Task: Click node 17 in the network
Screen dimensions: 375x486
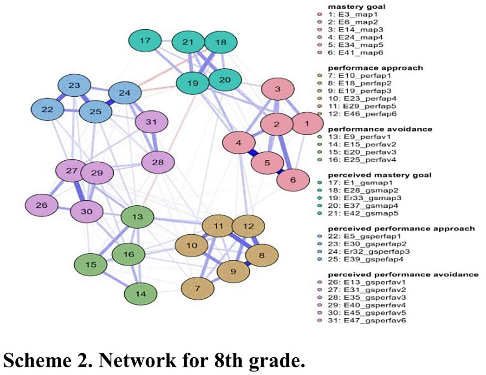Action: click(145, 41)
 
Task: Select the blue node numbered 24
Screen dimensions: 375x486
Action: click(125, 93)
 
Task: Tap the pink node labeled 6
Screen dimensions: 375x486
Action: click(293, 180)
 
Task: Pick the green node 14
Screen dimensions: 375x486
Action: click(140, 294)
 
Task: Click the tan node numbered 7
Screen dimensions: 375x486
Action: click(197, 289)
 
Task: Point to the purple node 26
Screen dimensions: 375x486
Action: click(41, 205)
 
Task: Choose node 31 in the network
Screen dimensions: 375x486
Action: click(151, 122)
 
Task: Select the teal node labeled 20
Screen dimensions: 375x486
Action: click(225, 80)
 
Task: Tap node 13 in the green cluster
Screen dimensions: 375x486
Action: click(137, 217)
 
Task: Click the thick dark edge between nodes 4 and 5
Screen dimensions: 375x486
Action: click(252, 153)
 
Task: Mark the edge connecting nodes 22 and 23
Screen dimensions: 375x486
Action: click(61, 97)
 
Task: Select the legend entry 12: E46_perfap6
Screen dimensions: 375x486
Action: click(362, 114)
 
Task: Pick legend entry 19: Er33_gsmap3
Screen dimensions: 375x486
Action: click(364, 198)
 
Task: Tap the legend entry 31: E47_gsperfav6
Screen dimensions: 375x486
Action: click(367, 320)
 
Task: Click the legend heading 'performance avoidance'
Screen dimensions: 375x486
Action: click(380, 129)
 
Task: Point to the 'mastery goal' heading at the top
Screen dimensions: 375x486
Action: click(356, 7)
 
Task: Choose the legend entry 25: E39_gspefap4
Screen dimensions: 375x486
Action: click(365, 259)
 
